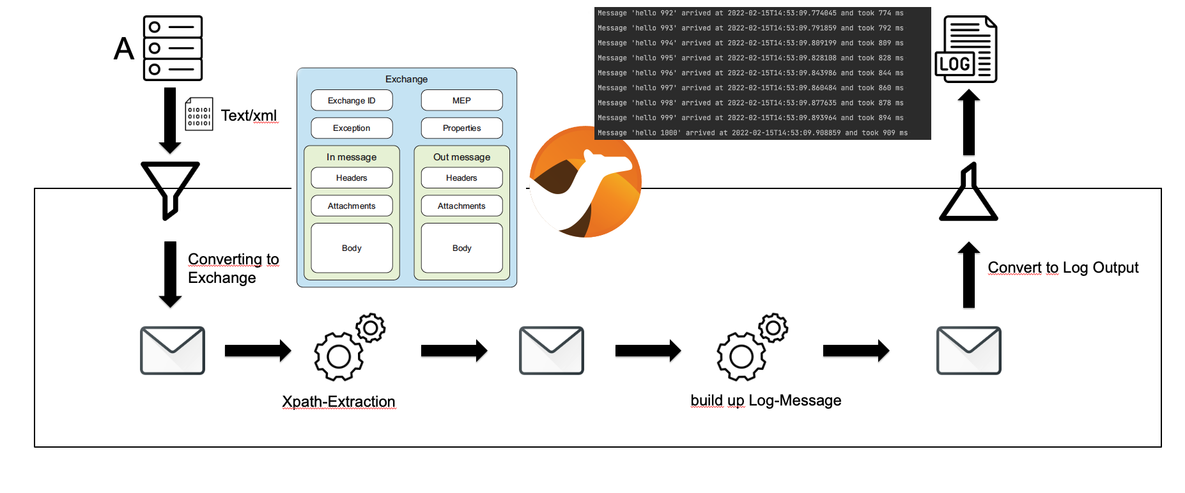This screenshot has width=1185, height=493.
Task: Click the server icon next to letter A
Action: coord(173,49)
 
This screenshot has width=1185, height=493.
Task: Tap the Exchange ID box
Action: coord(352,100)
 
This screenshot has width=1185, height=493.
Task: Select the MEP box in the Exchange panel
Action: coord(461,100)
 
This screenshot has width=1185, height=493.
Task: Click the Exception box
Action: coord(352,128)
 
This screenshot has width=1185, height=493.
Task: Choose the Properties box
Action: coord(461,128)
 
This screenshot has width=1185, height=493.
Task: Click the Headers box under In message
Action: coord(352,178)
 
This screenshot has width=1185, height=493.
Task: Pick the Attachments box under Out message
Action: coord(461,206)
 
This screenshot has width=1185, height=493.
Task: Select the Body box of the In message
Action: coord(352,248)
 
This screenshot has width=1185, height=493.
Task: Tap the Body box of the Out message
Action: coord(461,248)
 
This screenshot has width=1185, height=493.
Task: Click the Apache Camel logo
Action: coord(585,182)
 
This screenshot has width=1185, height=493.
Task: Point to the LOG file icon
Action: coord(966,50)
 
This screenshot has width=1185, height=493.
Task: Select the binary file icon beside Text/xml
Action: coord(199,114)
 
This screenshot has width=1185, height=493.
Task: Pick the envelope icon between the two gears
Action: coord(552,351)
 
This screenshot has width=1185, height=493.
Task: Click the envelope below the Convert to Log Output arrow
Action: coord(968,351)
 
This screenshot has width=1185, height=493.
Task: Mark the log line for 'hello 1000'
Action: coord(752,133)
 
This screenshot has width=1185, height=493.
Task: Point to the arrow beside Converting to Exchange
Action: coord(170,274)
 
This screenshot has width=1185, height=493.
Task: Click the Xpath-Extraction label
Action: coord(339,402)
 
